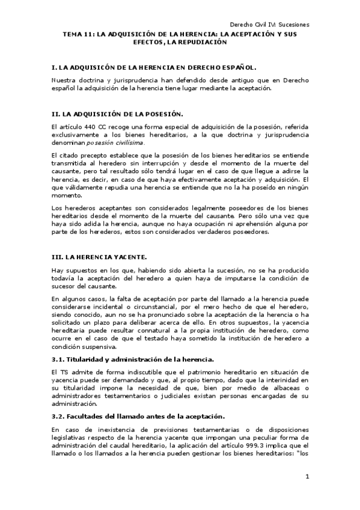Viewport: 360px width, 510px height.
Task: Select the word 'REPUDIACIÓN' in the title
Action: (x=203, y=43)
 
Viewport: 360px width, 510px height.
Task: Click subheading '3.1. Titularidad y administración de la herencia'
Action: (x=133, y=359)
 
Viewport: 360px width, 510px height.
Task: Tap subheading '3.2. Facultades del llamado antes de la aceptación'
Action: (x=138, y=416)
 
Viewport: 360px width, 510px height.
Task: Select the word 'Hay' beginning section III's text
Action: (x=58, y=271)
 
